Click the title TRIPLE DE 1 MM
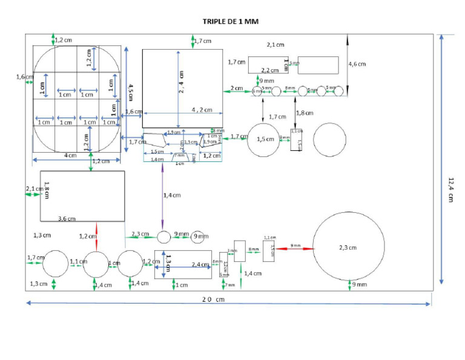230,21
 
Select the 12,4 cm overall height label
451,189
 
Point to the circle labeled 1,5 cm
264,139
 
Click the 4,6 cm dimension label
357,64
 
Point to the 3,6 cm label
67,218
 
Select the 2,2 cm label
270,70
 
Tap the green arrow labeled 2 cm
237,88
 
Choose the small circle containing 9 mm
199,236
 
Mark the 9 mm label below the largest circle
359,284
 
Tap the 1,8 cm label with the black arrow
305,113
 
